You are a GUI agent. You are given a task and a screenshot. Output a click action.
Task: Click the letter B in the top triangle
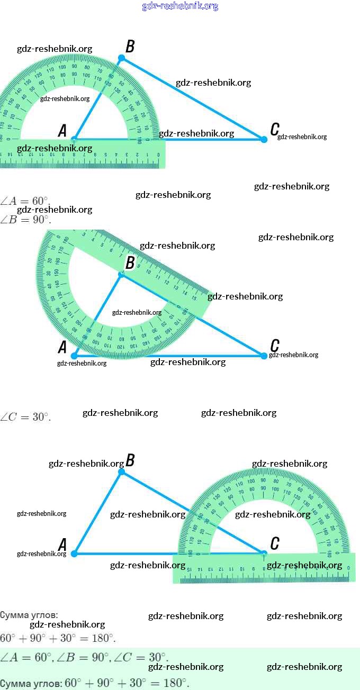click(x=130, y=47)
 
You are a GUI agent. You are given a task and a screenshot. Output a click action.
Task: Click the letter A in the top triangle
click(x=62, y=131)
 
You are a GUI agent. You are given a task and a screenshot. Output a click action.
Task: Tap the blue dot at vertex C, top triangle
click(x=264, y=139)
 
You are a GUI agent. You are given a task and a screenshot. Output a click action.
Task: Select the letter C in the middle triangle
click(x=275, y=346)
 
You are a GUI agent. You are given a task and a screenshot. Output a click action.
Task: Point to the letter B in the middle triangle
click(x=130, y=262)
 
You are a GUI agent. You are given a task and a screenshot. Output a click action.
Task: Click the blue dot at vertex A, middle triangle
click(x=74, y=356)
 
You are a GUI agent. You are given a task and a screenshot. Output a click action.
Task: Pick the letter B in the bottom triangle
click(x=130, y=460)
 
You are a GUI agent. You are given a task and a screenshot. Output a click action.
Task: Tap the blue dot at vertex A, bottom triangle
click(x=74, y=553)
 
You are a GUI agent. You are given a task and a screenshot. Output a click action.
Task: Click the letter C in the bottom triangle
click(x=275, y=543)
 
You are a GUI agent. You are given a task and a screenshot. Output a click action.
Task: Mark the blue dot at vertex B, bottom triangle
click(x=121, y=472)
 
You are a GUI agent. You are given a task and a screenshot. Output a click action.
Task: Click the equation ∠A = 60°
click(x=25, y=201)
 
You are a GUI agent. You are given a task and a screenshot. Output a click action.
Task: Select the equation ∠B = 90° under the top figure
click(x=25, y=220)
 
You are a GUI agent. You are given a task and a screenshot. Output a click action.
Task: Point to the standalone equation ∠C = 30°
click(x=25, y=417)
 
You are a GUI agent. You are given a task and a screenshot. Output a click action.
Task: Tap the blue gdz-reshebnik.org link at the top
click(x=180, y=6)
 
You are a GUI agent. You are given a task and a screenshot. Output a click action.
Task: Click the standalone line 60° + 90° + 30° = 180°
click(x=58, y=638)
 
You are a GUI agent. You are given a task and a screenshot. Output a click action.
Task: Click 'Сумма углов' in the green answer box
click(x=30, y=683)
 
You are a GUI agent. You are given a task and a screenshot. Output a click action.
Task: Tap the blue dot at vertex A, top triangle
click(x=74, y=139)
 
